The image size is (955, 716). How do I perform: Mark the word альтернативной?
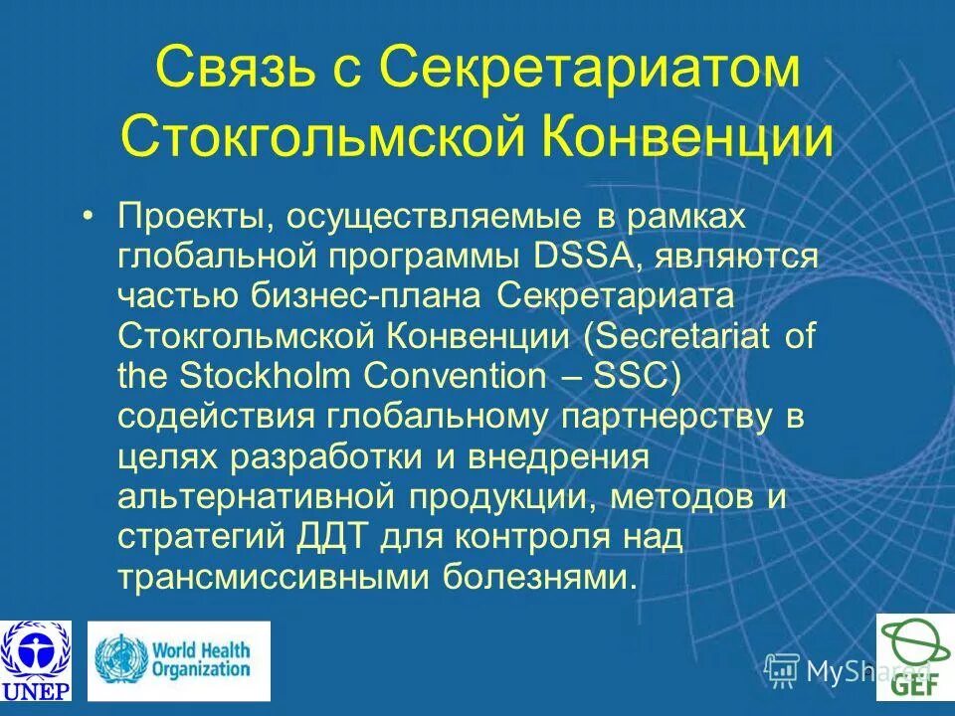coord(253,497)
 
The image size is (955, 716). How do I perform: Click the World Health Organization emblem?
coord(121,658)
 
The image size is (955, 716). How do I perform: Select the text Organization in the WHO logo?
coord(201,668)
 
